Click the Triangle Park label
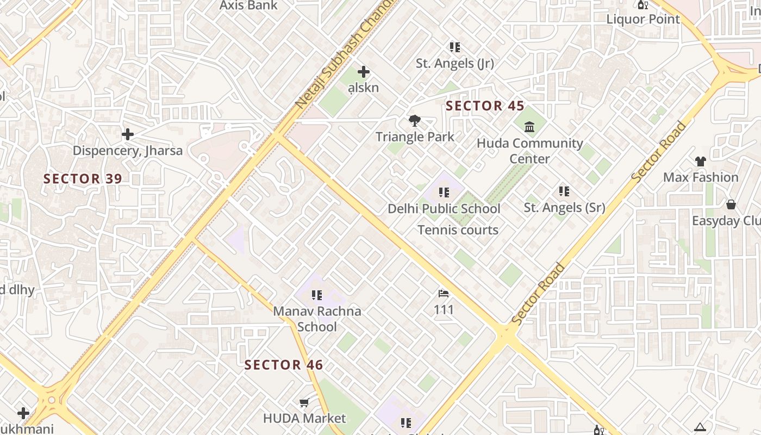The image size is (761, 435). pyautogui.click(x=415, y=136)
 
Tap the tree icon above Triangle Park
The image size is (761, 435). pyautogui.click(x=415, y=121)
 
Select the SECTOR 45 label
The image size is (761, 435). pyautogui.click(x=485, y=106)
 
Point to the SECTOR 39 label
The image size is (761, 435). pyautogui.click(x=83, y=178)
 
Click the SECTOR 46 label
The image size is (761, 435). pyautogui.click(x=284, y=365)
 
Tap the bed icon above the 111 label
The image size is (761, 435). pyautogui.click(x=444, y=294)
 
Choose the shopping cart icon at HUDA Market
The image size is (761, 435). pyautogui.click(x=304, y=403)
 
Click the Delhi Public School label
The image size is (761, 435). pyautogui.click(x=444, y=209)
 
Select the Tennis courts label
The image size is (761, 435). pyautogui.click(x=458, y=230)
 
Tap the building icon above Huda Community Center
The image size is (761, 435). pyautogui.click(x=529, y=127)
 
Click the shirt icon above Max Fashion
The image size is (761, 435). pyautogui.click(x=700, y=161)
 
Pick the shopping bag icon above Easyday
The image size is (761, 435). pyautogui.click(x=731, y=205)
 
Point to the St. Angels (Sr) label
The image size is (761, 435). pyautogui.click(x=564, y=208)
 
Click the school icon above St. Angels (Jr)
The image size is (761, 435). pyautogui.click(x=455, y=47)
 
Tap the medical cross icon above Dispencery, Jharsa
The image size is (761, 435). pyautogui.click(x=128, y=134)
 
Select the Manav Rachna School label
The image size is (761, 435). pyautogui.click(x=317, y=319)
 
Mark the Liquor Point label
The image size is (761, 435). pyautogui.click(x=643, y=20)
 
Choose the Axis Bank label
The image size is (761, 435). pyautogui.click(x=248, y=5)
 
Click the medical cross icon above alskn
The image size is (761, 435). pyautogui.click(x=364, y=72)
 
